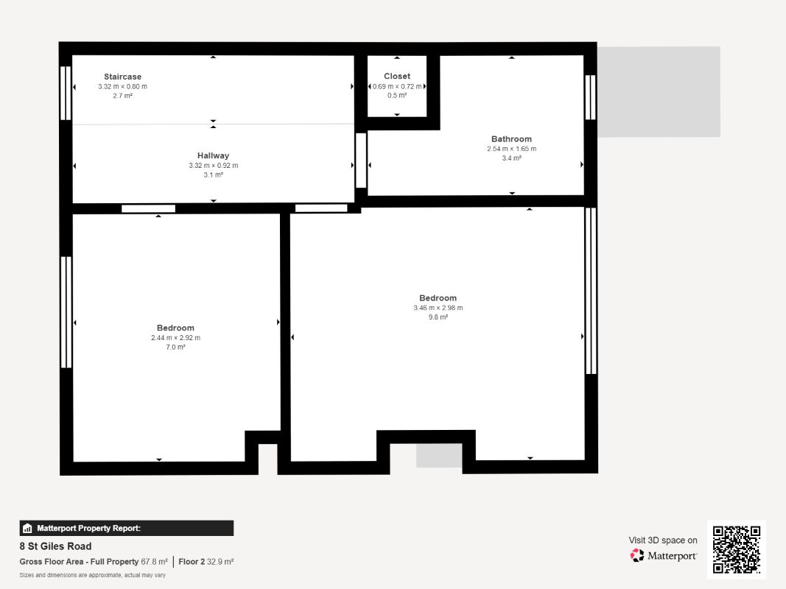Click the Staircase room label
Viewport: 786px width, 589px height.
point(123,77)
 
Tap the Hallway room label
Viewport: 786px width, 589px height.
point(213,156)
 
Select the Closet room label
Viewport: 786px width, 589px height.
point(397,76)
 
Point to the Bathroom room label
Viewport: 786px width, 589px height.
point(511,139)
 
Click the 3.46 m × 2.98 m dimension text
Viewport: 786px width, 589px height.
point(438,308)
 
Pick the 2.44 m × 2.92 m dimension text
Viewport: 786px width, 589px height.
point(175,338)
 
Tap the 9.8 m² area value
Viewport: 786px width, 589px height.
point(438,317)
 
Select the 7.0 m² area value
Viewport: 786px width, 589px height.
point(175,347)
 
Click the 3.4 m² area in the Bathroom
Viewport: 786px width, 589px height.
point(512,158)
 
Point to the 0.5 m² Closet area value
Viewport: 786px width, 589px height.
point(397,96)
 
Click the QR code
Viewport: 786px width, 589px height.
point(737,549)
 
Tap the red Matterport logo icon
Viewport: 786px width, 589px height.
point(637,555)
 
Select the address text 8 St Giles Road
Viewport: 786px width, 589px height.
point(56,546)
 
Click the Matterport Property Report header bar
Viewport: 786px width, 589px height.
point(126,529)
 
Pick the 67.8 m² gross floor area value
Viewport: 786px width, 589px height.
point(155,562)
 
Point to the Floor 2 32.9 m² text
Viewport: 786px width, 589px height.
point(206,562)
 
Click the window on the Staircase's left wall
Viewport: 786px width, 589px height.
point(66,94)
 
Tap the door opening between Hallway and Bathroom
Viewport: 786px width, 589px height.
point(361,161)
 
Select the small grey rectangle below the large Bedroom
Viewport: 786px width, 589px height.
point(439,455)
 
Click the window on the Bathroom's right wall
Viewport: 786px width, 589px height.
point(591,97)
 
